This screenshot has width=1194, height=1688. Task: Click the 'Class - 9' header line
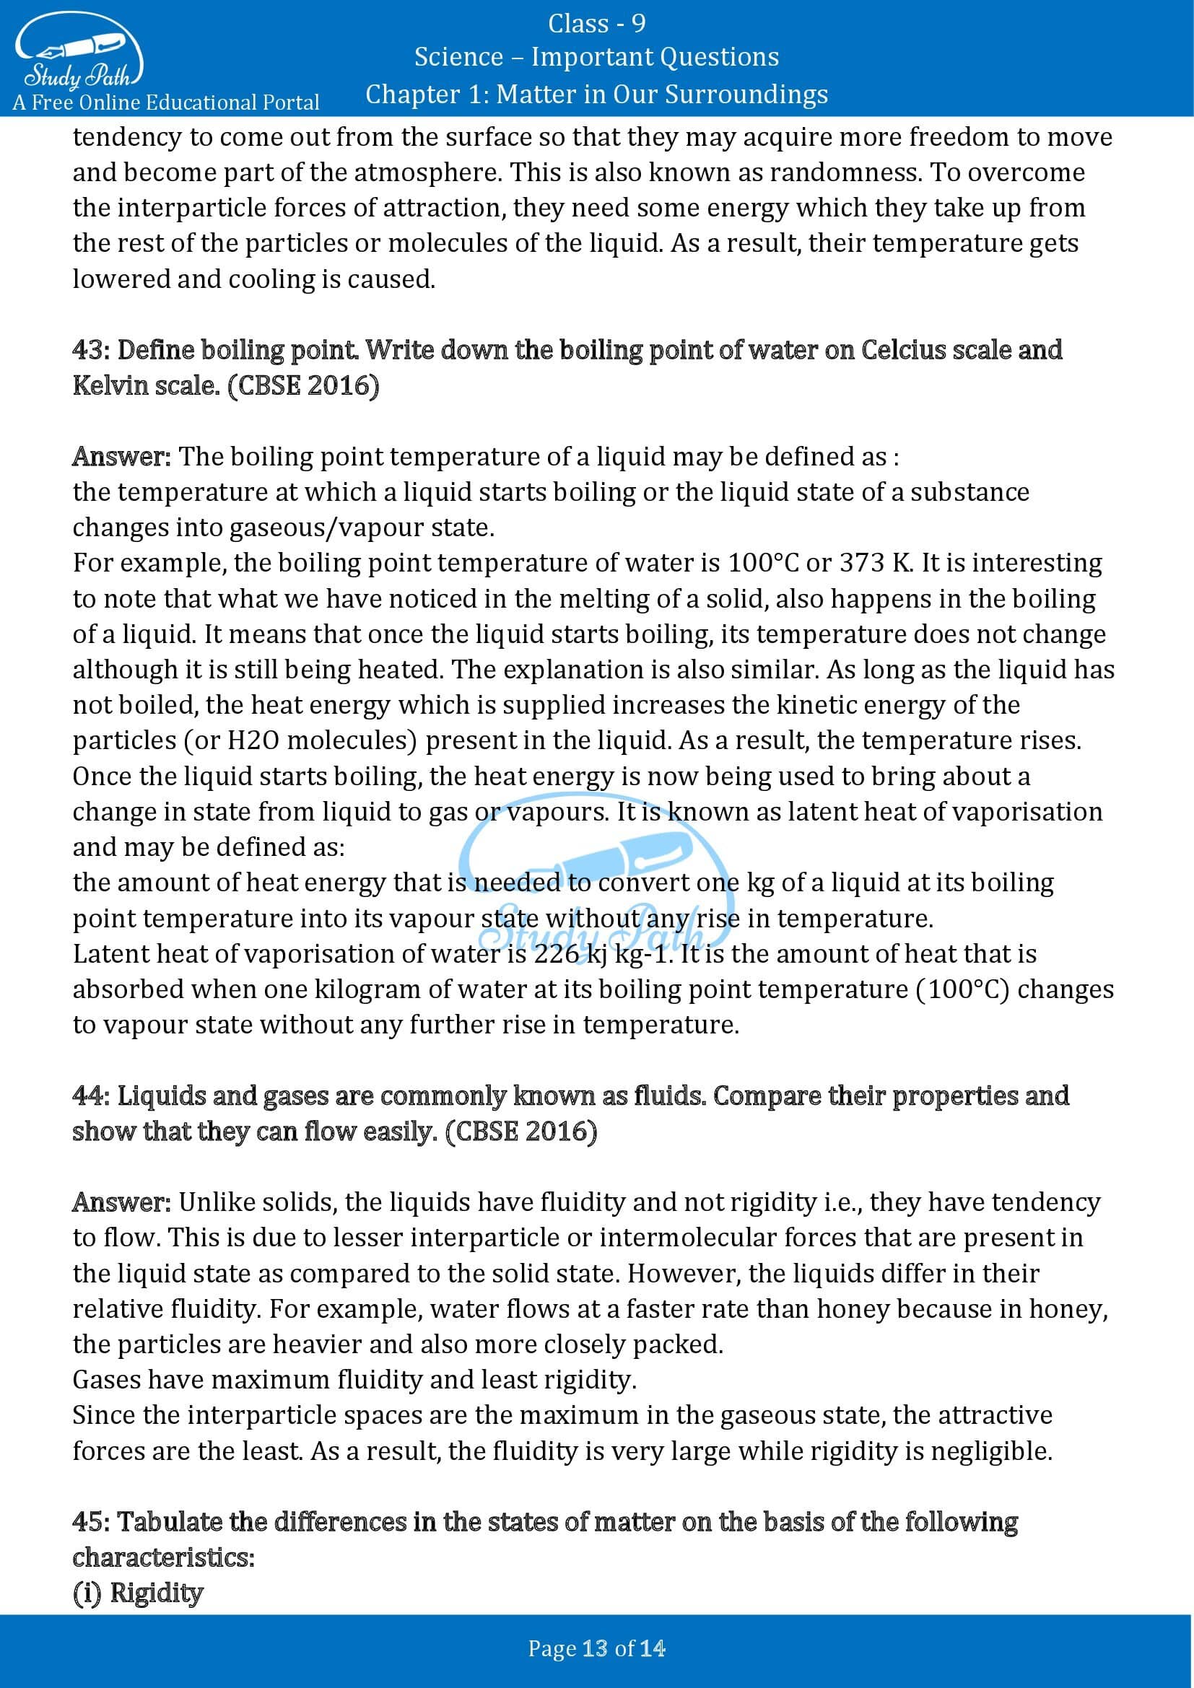[x=596, y=24]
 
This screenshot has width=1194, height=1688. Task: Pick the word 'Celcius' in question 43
[x=903, y=350]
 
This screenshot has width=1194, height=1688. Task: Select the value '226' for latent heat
[x=556, y=953]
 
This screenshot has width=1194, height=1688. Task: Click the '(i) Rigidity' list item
[x=137, y=1593]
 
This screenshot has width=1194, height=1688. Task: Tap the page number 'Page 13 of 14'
[x=596, y=1649]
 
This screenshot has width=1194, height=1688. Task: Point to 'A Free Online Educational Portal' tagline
[x=166, y=102]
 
